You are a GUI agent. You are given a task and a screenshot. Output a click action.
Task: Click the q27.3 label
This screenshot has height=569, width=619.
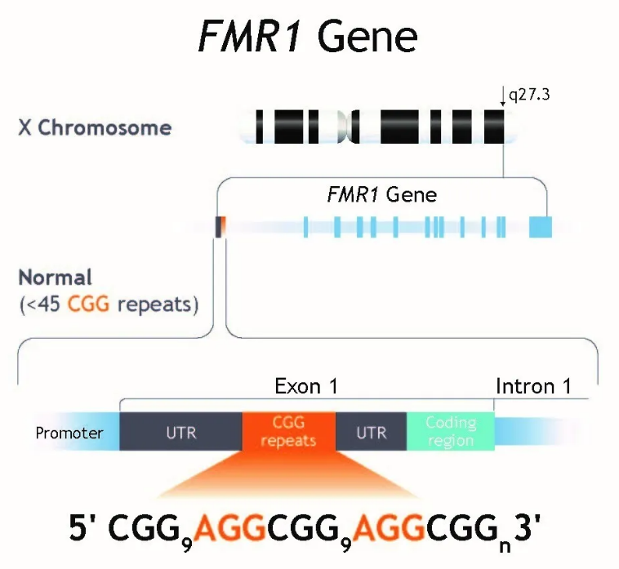529,96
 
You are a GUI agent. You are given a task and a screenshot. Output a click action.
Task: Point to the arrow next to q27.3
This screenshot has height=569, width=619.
503,97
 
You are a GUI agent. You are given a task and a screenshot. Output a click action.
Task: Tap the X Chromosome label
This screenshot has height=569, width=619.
95,128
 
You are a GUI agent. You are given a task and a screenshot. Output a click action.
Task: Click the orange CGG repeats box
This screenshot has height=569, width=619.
288,431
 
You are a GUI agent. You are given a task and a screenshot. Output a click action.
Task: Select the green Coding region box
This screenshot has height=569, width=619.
450,431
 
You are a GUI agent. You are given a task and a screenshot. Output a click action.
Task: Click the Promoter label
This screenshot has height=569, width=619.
69,433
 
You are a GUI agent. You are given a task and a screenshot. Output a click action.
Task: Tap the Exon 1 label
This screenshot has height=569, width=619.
306,386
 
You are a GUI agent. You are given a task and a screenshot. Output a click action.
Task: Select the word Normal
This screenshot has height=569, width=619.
56,277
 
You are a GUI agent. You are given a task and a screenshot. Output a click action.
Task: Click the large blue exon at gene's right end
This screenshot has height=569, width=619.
541,227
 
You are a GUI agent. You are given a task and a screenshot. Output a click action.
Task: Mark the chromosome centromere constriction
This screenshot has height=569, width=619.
352,127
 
